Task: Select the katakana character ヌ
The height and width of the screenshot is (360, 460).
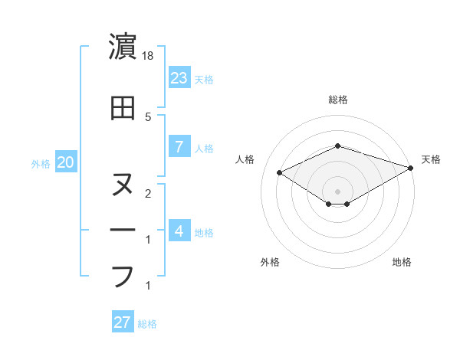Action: click(x=123, y=185)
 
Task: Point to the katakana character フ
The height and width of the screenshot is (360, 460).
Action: click(x=123, y=275)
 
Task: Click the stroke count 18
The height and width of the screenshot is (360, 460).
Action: click(x=149, y=56)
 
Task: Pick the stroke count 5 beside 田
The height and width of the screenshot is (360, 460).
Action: click(x=147, y=116)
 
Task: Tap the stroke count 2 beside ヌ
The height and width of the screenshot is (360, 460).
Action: click(x=147, y=193)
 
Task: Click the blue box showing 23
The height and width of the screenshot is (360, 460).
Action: click(x=179, y=77)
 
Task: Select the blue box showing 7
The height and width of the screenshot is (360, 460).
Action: click(x=179, y=147)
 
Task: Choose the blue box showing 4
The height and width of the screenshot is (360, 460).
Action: click(x=179, y=231)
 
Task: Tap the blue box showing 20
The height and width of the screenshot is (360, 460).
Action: click(x=65, y=162)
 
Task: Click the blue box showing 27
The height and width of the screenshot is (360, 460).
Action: click(x=123, y=322)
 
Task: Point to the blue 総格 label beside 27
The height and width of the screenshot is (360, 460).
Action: click(x=147, y=323)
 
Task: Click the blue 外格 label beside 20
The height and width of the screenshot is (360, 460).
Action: click(x=41, y=163)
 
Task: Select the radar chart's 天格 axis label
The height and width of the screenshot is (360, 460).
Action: click(x=431, y=159)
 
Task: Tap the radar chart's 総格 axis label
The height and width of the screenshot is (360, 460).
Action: click(x=338, y=100)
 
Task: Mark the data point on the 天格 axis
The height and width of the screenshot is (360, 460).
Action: click(x=411, y=168)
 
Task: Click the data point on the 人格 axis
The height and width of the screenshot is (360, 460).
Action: click(x=280, y=172)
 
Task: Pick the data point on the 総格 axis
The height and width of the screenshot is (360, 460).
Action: click(x=338, y=146)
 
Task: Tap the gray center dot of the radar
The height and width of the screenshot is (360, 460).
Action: click(x=338, y=190)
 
